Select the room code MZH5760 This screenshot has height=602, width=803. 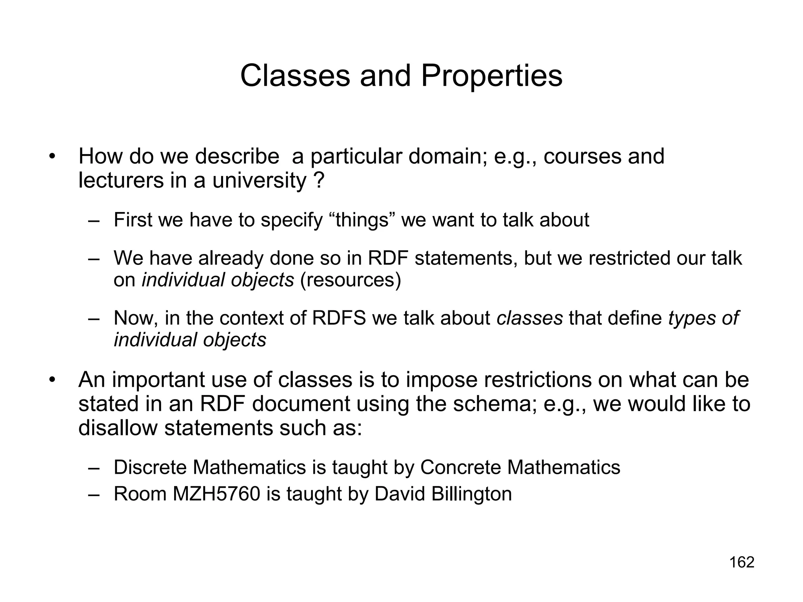coord(216,494)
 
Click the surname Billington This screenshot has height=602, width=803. coord(472,494)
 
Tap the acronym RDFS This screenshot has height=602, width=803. coord(339,318)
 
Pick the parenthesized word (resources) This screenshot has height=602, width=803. coord(351,280)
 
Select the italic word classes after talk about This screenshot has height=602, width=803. coord(529,318)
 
